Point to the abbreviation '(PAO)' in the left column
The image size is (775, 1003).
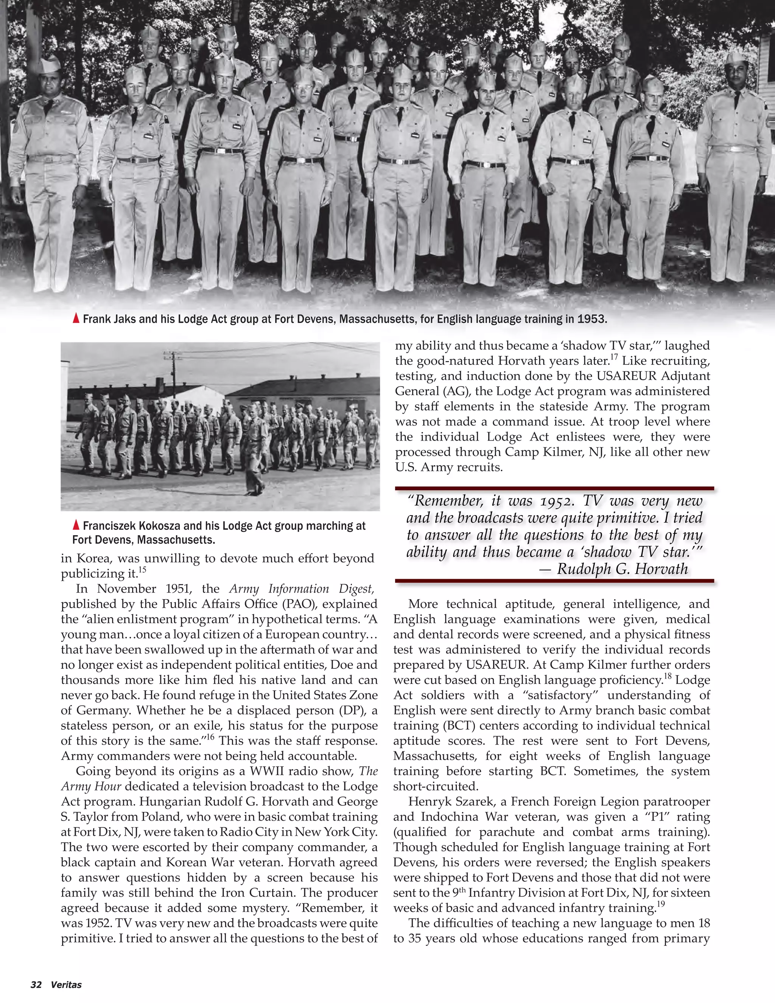298,604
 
